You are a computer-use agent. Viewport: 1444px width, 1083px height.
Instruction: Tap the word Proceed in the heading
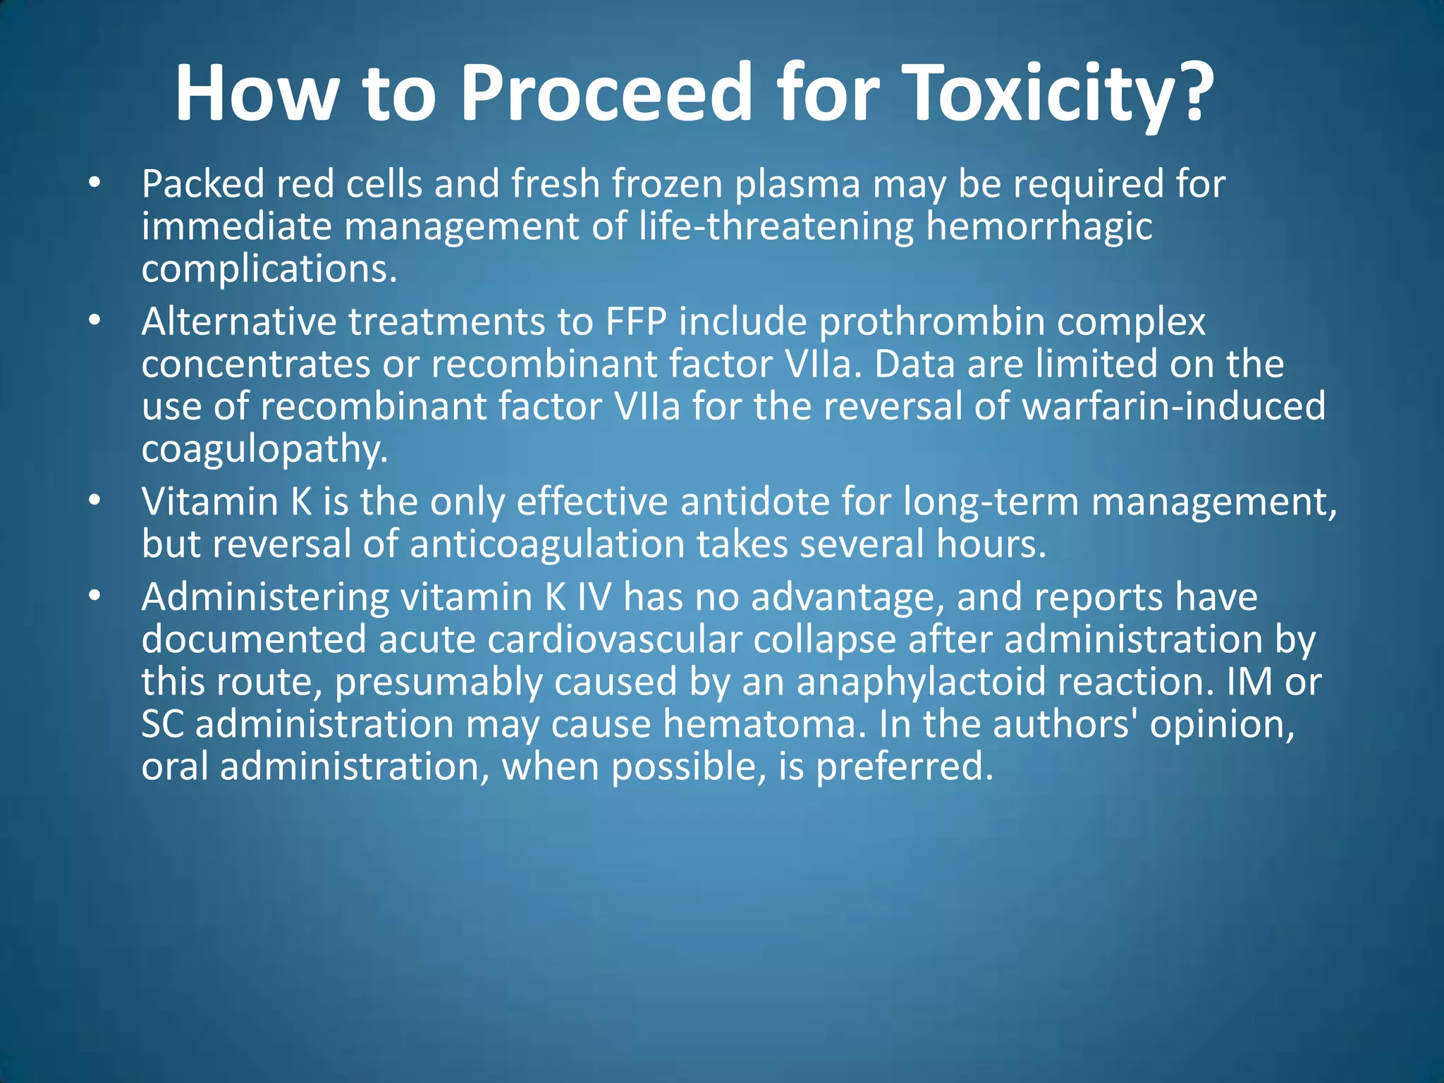(x=606, y=93)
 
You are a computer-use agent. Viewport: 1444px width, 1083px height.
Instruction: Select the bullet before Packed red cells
(x=95, y=183)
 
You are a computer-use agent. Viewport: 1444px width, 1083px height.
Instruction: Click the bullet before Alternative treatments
(x=95, y=322)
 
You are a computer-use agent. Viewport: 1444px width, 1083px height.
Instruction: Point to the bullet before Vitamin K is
(x=95, y=501)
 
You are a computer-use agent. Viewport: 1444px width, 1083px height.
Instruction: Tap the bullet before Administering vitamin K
(x=95, y=596)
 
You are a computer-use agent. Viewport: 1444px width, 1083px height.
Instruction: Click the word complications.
(x=269, y=269)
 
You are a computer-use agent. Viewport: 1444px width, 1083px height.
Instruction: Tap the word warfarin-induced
(x=1173, y=407)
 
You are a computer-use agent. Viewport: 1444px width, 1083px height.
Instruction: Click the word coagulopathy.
(x=265, y=450)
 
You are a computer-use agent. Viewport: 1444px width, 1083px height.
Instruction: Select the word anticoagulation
(x=547, y=544)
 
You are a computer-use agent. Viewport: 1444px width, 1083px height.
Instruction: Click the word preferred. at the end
(x=905, y=767)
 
